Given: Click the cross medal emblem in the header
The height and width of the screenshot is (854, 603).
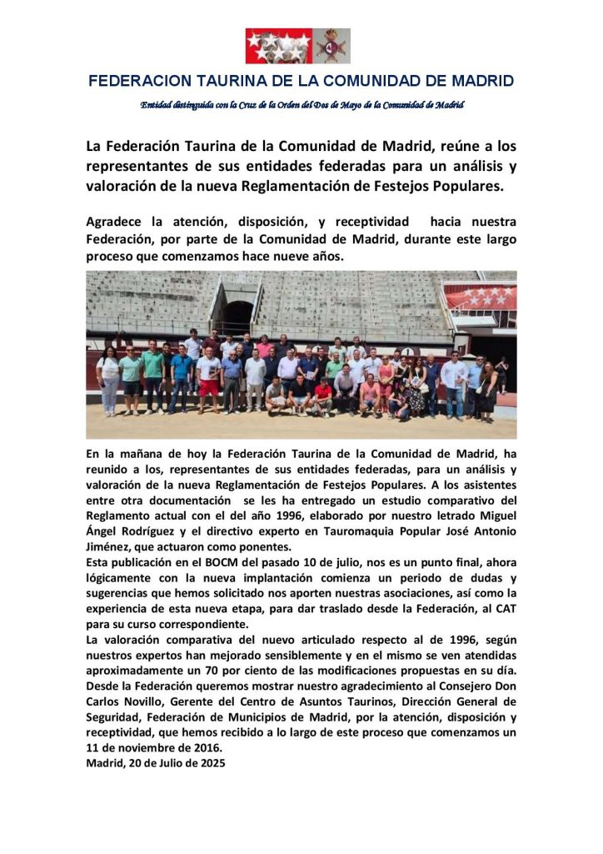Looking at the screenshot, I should (334, 46).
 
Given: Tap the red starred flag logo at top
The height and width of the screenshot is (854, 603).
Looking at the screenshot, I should (278, 46).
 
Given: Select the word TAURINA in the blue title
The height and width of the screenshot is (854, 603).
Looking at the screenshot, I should (232, 81).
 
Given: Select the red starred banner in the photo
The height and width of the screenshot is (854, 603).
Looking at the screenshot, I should (481, 297).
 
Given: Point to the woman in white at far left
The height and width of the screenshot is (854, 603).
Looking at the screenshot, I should (108, 380).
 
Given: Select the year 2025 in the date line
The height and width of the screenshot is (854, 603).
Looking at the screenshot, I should (208, 761).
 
